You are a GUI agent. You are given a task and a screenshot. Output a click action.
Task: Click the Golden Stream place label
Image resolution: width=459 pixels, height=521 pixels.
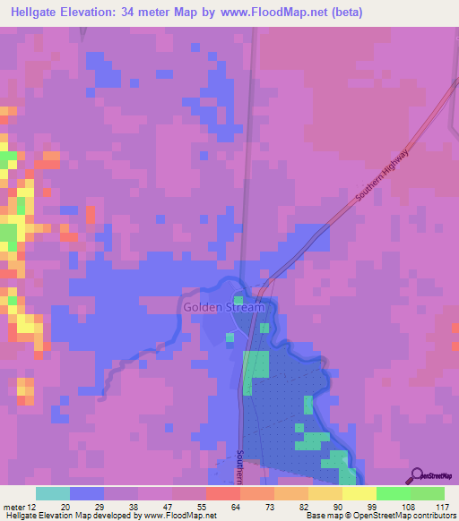pyautogui.click(x=224, y=307)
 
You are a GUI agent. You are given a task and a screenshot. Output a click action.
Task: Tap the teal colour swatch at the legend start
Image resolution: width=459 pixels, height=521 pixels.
pyautogui.click(x=53, y=493)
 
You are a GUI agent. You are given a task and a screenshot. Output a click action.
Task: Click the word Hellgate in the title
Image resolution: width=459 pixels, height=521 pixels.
pyautogui.click(x=37, y=13)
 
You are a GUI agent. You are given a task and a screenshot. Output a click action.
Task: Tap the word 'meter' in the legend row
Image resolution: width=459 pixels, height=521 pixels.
pyautogui.click(x=14, y=506)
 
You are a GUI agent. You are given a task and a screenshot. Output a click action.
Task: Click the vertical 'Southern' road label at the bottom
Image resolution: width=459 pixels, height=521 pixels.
pyautogui.click(x=240, y=465)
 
